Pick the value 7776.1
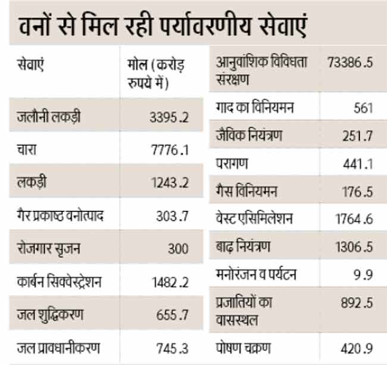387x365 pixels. click(x=170, y=150)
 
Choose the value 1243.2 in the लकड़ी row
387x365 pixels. click(x=170, y=183)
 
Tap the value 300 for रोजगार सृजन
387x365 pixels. click(x=177, y=248)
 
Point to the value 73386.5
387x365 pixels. click(x=350, y=62)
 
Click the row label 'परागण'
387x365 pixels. click(x=232, y=163)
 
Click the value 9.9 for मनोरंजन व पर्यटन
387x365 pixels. click(x=364, y=276)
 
